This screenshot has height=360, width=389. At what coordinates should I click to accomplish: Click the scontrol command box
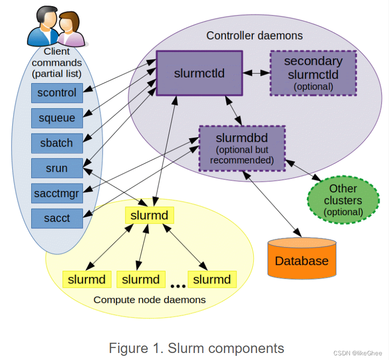point(57,93)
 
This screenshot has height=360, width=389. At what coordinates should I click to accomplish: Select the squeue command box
point(57,118)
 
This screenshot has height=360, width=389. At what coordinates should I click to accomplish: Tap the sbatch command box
point(57,143)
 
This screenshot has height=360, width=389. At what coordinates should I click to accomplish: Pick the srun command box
point(57,169)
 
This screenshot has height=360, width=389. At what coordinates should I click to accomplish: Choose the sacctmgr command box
point(57,193)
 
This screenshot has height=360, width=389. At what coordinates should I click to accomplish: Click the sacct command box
point(57,219)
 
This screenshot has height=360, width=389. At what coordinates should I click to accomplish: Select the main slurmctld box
point(199,73)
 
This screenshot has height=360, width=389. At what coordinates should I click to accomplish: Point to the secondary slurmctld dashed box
point(313,73)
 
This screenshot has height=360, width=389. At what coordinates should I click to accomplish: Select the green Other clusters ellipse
point(343,200)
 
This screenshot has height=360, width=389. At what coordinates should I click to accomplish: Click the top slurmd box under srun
point(149,216)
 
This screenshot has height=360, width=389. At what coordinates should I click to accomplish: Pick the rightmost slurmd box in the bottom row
point(212,280)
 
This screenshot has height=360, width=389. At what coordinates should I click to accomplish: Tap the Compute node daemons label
point(149,300)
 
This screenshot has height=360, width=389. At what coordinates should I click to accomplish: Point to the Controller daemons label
point(254,35)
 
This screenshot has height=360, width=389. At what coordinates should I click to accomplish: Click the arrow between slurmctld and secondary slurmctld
point(256,73)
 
